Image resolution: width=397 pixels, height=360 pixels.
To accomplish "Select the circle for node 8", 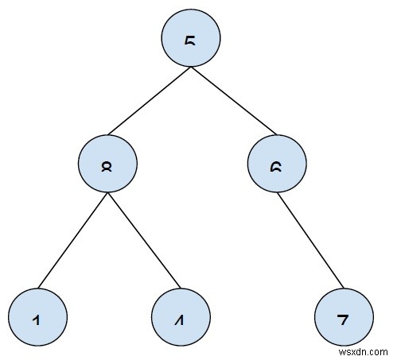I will point(108,165).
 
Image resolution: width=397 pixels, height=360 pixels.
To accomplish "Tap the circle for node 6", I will point(277,165).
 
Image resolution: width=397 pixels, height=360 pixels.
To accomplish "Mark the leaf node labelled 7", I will point(344,317).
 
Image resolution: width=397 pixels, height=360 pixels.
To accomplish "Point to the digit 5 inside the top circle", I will point(190,40).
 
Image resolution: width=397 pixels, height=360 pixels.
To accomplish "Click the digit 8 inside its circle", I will point(108,168).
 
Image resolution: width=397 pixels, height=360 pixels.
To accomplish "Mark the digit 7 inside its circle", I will point(344,319).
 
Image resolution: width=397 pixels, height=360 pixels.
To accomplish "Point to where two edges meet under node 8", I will point(108,195).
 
